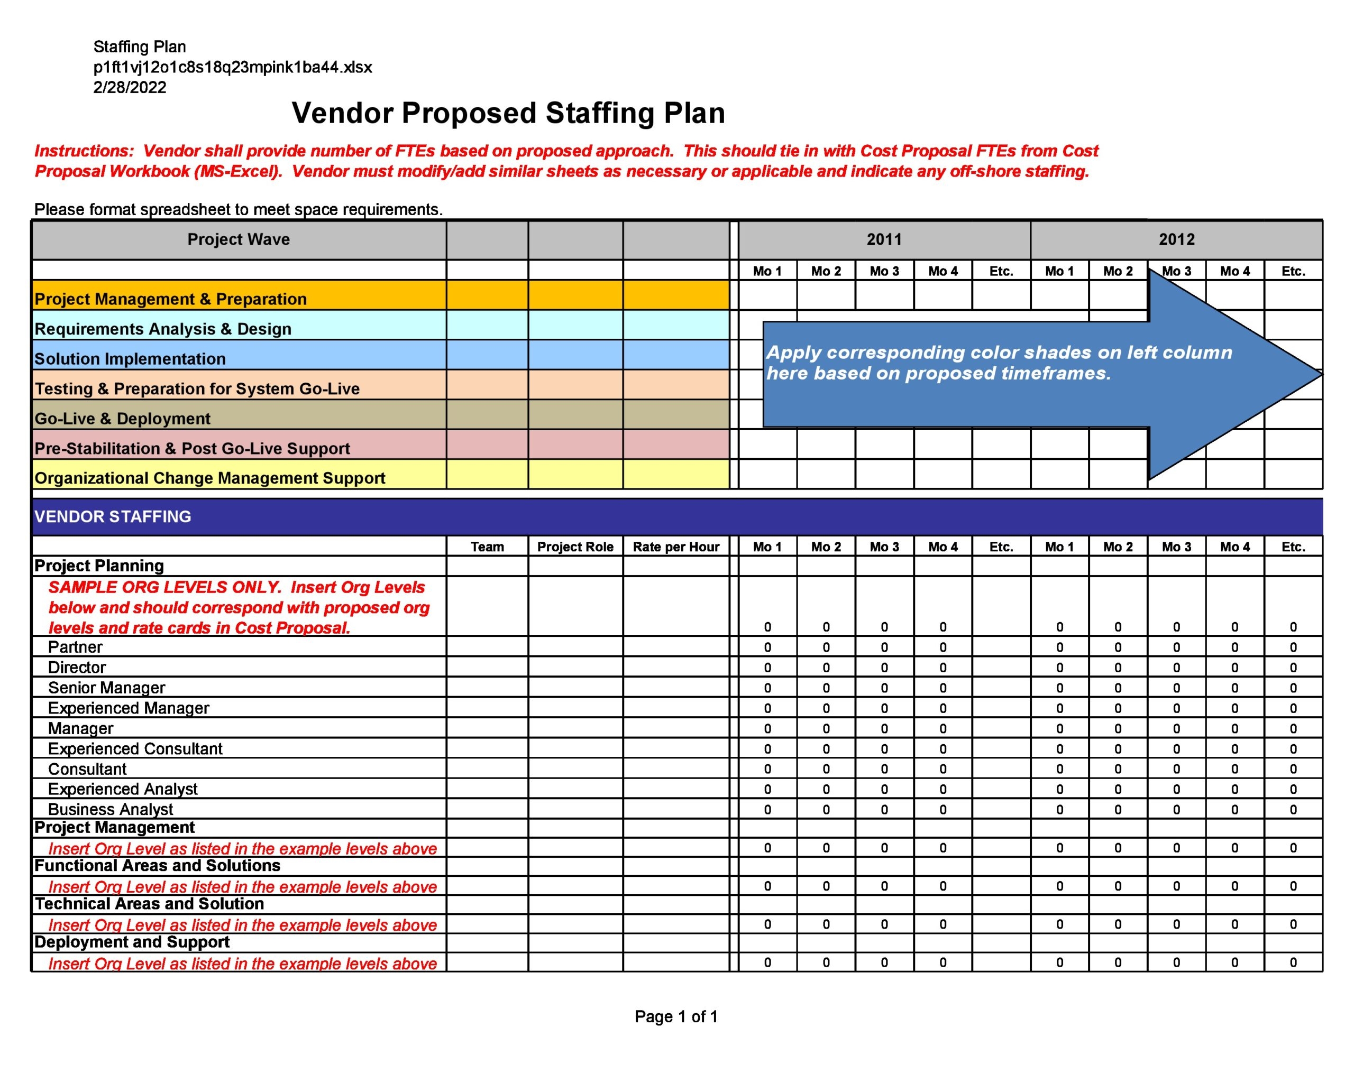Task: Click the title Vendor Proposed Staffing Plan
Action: click(508, 114)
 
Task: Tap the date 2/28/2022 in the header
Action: click(130, 87)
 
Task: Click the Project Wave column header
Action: click(239, 239)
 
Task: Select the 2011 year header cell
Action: click(883, 239)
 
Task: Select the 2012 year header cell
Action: click(1176, 239)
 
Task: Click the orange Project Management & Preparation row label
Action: click(170, 299)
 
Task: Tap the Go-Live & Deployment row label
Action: click(122, 419)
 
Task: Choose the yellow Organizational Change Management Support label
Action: click(209, 478)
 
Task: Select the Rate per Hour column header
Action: click(676, 547)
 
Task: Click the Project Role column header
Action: click(575, 547)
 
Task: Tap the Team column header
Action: click(487, 547)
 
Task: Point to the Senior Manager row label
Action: click(107, 688)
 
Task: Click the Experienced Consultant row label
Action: click(135, 748)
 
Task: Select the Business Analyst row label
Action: click(111, 809)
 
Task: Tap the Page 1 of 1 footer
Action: click(676, 1017)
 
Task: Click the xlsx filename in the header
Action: click(232, 67)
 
